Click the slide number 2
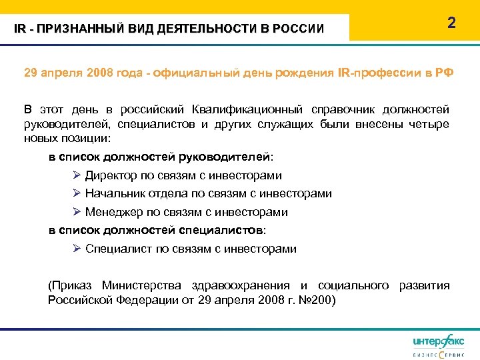(x=451, y=23)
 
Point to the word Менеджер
(x=113, y=213)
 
